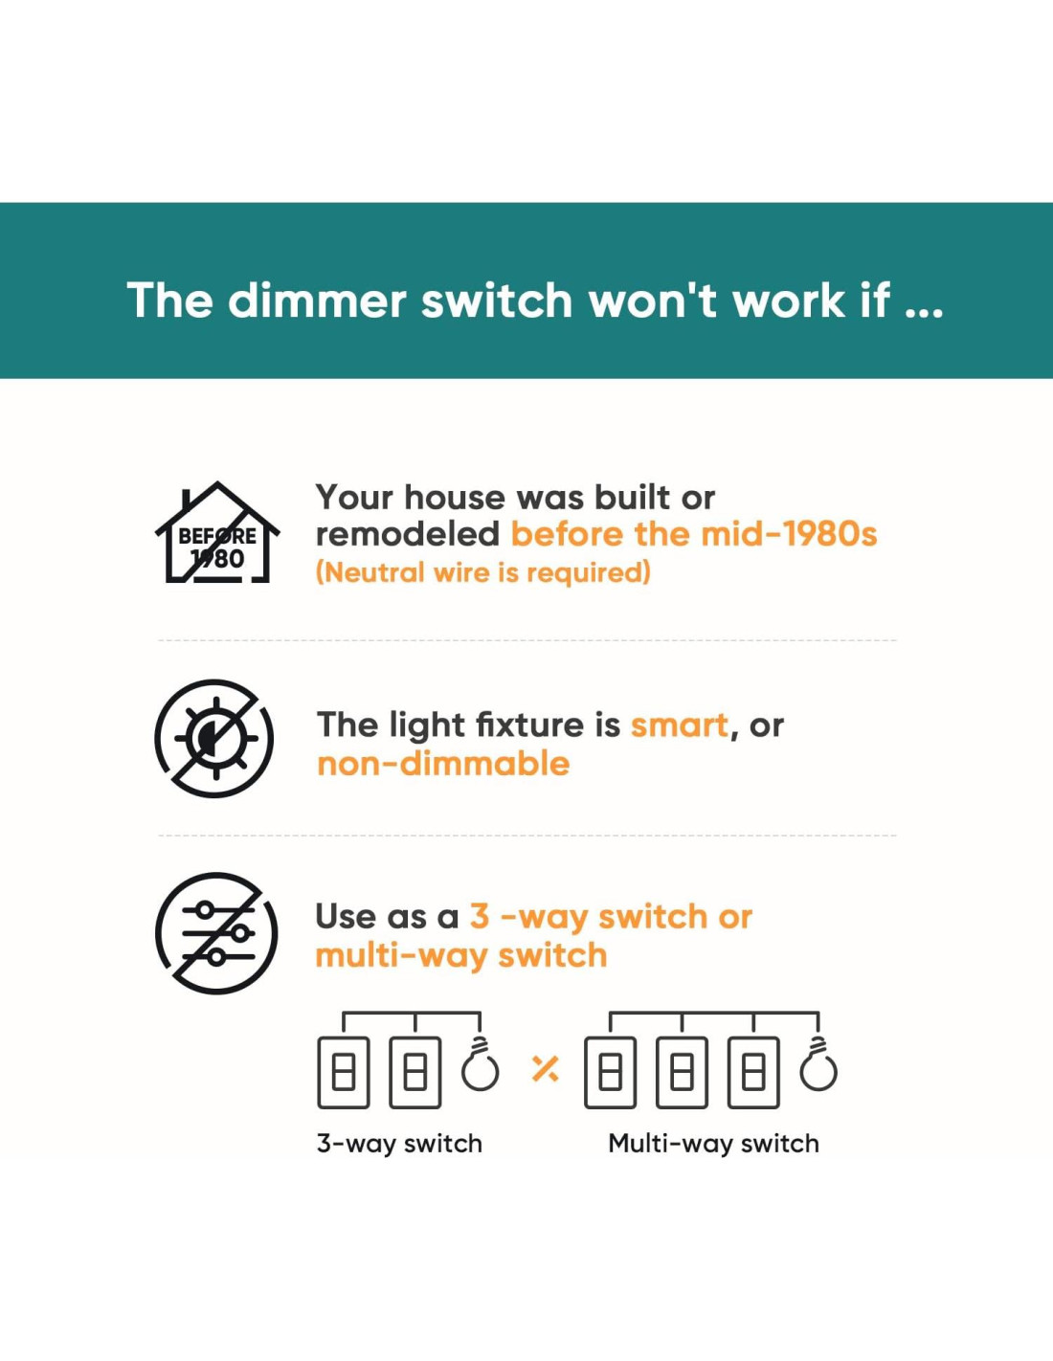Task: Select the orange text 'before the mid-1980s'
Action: click(694, 534)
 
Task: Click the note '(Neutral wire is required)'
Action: click(483, 572)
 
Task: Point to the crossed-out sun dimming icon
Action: click(214, 739)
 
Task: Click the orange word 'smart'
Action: click(680, 725)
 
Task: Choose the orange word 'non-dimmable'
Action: click(443, 764)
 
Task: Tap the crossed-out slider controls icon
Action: click(215, 932)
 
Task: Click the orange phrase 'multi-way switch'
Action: click(461, 956)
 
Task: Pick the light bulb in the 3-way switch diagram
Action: click(481, 1068)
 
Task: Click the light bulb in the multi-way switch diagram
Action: click(818, 1068)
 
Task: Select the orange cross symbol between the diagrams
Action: click(545, 1068)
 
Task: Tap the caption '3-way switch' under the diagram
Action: click(399, 1144)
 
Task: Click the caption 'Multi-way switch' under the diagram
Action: click(713, 1144)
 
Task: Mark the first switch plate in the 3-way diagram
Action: click(344, 1073)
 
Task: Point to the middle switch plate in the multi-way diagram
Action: click(683, 1073)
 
